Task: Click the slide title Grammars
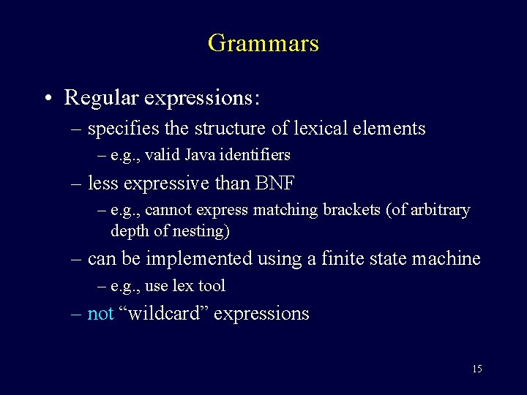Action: pos(263,43)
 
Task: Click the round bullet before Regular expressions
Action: pos(47,98)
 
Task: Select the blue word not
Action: pos(100,314)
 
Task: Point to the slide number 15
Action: pos(476,369)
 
